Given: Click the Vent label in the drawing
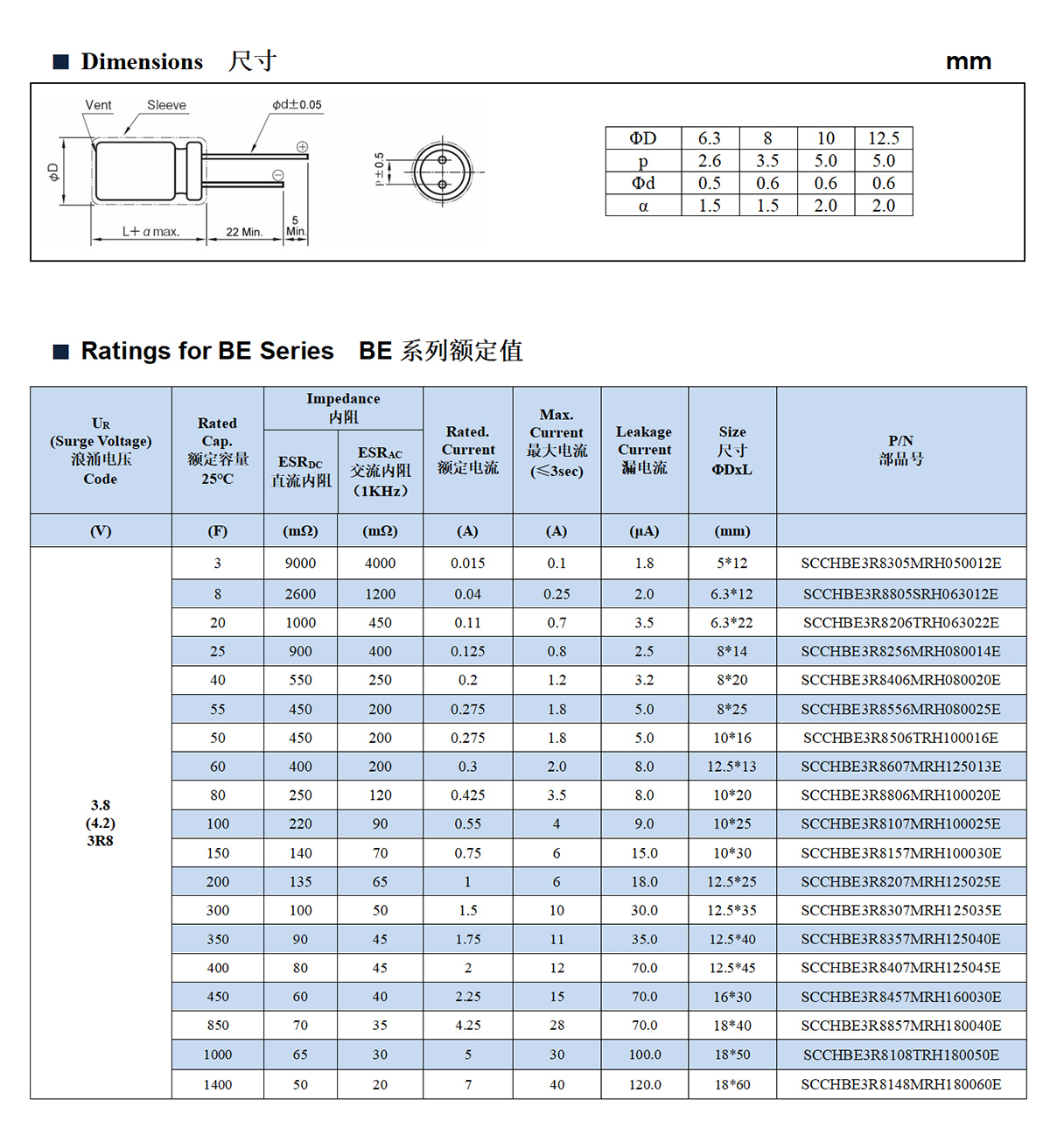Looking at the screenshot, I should [x=98, y=105].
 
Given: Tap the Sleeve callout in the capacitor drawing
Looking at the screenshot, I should [x=166, y=105].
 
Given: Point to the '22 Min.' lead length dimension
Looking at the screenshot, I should [x=244, y=232].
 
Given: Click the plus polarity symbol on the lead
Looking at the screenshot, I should [x=302, y=147].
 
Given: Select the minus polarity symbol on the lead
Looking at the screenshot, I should [x=278, y=175].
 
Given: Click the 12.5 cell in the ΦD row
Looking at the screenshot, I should [x=883, y=138].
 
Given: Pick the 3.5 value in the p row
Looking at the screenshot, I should [x=767, y=161].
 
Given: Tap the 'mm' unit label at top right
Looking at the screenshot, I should [x=968, y=61].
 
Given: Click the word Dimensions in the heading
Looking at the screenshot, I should [x=142, y=61].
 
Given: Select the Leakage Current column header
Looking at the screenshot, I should [x=644, y=450].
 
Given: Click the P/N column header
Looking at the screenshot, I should [x=900, y=450].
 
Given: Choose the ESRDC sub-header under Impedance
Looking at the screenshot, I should [x=300, y=471].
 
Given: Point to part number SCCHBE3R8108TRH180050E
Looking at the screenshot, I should [x=900, y=1054].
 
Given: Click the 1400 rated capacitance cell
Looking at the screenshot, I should [x=218, y=1084].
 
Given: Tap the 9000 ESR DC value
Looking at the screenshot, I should [x=300, y=564].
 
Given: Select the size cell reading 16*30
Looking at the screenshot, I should [x=731, y=997].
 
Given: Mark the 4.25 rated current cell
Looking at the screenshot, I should [x=467, y=1026].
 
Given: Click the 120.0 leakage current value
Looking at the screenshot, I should [x=644, y=1084].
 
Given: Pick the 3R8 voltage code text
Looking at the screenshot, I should [x=100, y=841].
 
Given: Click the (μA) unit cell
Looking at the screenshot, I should [x=644, y=531].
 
